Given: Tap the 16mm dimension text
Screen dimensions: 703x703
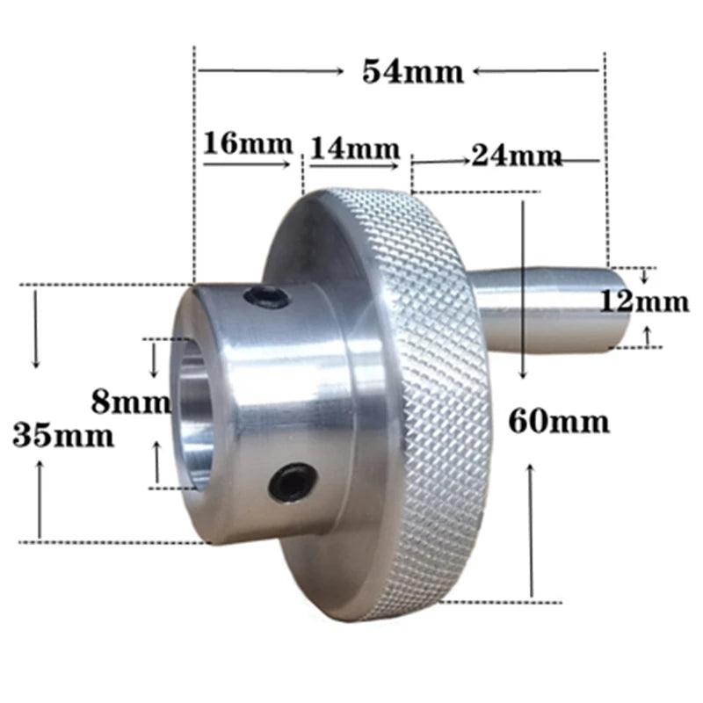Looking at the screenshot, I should (x=237, y=142).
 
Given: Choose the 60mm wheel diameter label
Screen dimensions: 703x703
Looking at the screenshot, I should (x=558, y=422).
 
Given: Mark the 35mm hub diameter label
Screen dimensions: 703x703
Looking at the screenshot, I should (x=63, y=434).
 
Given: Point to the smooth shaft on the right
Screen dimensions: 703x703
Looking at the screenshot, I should (x=545, y=308).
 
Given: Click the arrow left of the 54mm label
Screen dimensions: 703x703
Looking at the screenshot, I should (x=272, y=70).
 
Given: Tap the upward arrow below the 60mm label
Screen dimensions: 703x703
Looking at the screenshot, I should (x=531, y=527).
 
